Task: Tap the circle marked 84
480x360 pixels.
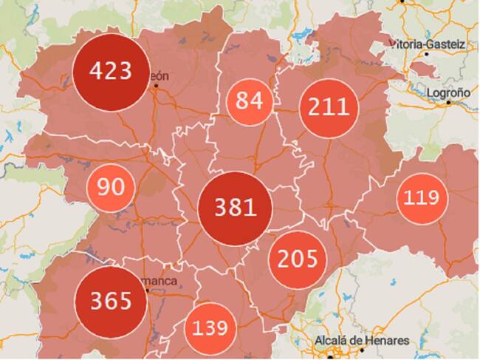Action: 250,101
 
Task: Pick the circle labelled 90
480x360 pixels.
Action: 111,187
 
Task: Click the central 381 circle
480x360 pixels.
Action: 235,208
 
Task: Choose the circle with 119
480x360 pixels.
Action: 422,198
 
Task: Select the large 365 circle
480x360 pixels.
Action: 111,301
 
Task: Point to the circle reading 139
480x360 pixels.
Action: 210,327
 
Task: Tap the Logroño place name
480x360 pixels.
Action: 448,92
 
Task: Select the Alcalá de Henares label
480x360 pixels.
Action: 361,341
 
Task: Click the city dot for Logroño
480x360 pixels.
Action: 448,103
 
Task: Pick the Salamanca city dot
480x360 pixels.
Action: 148,291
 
